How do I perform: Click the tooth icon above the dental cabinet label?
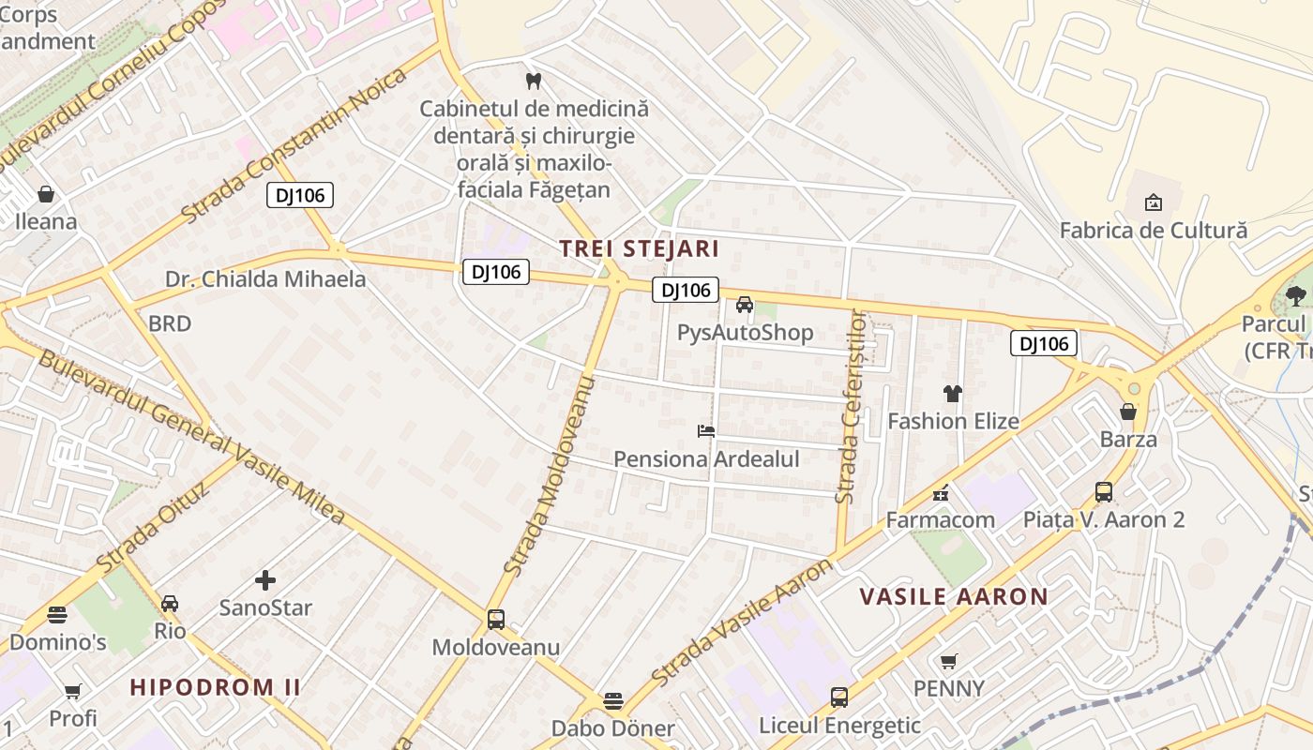[x=534, y=81]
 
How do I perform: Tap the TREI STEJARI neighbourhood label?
[x=639, y=248]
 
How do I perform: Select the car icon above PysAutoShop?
[x=745, y=305]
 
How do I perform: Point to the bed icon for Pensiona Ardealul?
[x=706, y=431]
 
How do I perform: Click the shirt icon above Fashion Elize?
[x=953, y=394]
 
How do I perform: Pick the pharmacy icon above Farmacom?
[x=940, y=493]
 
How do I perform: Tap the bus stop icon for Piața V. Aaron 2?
[x=1104, y=491]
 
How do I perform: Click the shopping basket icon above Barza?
[x=1128, y=412]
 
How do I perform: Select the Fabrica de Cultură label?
[x=1153, y=230]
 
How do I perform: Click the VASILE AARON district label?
[x=954, y=596]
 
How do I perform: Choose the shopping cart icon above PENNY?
[x=949, y=661]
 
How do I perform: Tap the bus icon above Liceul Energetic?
[x=839, y=697]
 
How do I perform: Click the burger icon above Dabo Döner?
[x=612, y=701]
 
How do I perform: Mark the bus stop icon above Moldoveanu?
[x=495, y=620]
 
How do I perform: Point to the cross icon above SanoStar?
[x=265, y=580]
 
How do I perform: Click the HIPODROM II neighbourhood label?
[x=216, y=687]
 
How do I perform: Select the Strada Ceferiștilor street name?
[x=849, y=407]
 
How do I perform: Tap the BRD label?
[x=170, y=323]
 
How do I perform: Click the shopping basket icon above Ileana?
[x=45, y=194]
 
